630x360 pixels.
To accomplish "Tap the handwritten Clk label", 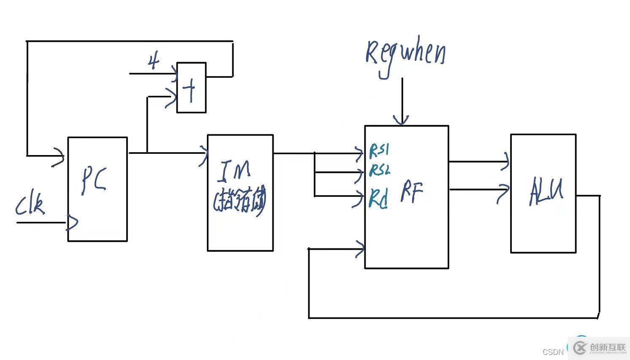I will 30,205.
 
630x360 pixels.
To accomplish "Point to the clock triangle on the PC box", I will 73,223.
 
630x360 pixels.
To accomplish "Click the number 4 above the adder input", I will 154,62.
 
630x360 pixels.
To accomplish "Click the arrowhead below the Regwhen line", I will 402,120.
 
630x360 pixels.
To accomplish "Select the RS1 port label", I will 379,150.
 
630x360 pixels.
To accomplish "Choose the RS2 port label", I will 380,170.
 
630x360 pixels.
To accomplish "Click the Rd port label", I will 379,198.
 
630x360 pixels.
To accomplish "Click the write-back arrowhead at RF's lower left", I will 360,249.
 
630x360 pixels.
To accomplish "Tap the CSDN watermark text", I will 553,352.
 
